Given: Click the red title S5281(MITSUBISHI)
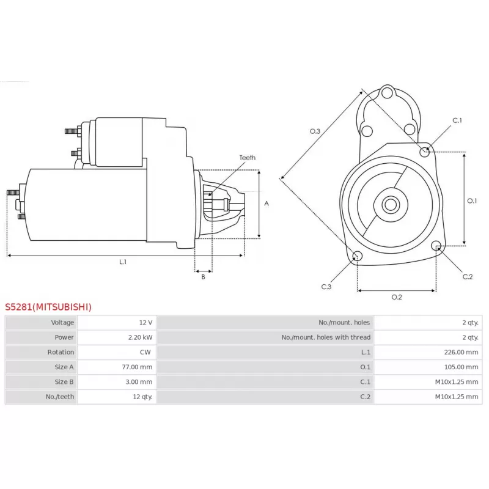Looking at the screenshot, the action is (48, 307).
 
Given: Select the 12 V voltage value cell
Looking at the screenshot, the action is (145, 323).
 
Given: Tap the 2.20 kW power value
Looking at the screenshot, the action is (140, 337).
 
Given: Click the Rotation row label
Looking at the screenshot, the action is (61, 352).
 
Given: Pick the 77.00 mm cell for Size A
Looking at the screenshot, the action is (137, 367).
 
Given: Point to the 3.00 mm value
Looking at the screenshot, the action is (139, 381).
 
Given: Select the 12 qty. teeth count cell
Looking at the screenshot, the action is (142, 397).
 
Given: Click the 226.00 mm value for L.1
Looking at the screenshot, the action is (461, 352).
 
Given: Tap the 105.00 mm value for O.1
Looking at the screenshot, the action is (461, 367).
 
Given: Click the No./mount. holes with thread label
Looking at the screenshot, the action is (326, 337).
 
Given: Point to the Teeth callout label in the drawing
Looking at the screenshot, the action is (248, 158).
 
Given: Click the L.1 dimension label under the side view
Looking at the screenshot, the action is (123, 262).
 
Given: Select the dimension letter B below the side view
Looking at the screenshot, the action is (204, 277).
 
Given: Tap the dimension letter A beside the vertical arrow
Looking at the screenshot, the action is (267, 204).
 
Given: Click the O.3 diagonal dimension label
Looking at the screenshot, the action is (315, 131).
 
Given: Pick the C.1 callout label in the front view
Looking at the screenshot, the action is (457, 120).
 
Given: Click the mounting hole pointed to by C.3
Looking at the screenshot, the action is (358, 256).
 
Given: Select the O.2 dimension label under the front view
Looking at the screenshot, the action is (397, 297).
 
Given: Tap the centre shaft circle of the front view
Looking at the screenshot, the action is (391, 205).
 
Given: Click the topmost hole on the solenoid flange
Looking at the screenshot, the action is (387, 93).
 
